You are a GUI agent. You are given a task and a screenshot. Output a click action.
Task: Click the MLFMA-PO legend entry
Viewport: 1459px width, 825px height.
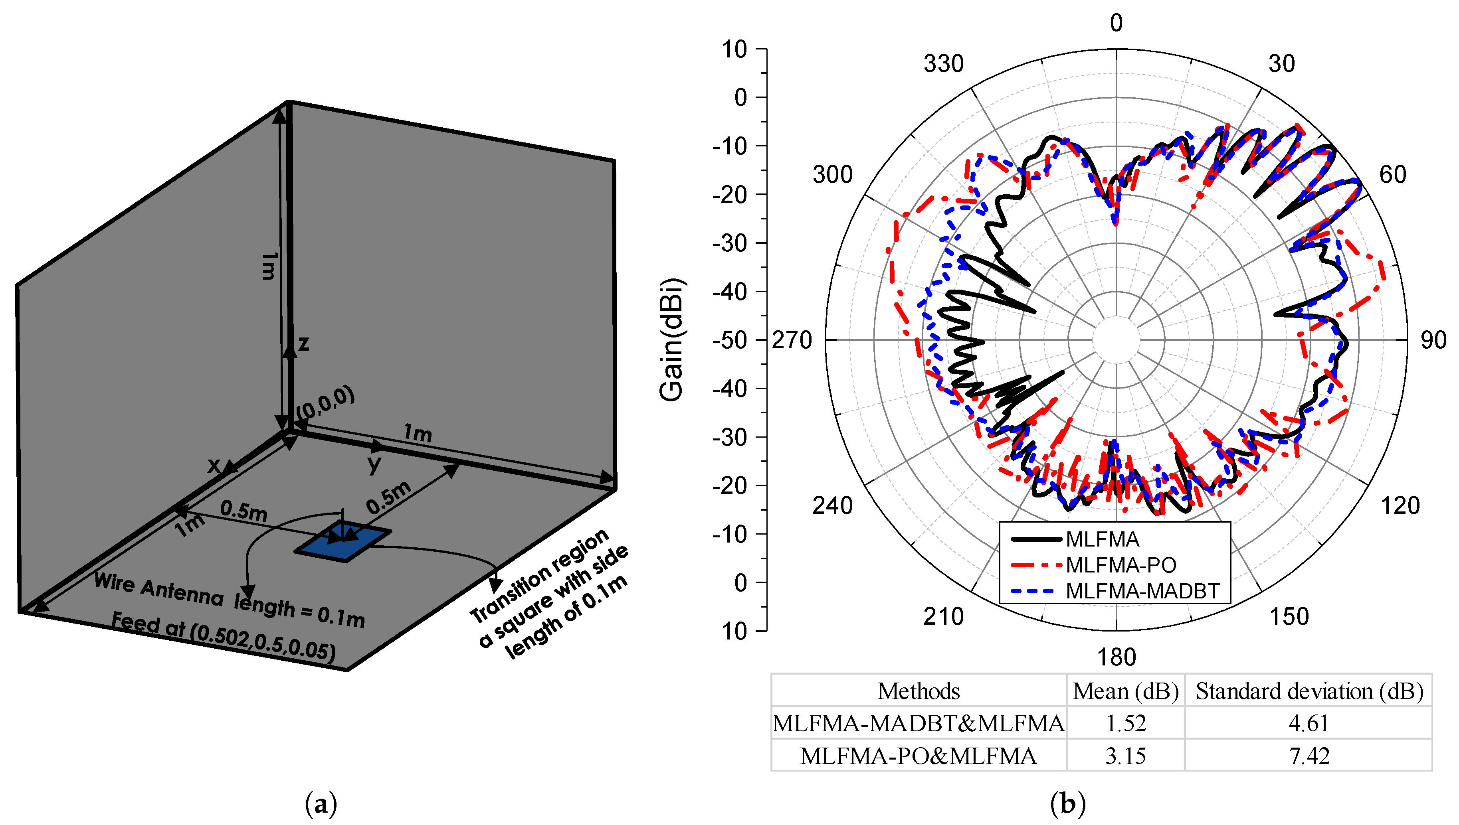[1120, 565]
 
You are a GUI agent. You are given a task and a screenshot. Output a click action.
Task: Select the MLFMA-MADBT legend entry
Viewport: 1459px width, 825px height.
[1142, 591]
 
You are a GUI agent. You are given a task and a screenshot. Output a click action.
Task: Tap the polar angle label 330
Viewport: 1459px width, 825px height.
[943, 64]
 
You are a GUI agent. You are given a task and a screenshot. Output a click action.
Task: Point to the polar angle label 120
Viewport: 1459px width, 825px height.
[1400, 505]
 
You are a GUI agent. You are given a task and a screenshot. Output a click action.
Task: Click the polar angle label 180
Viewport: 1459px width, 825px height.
[1116, 657]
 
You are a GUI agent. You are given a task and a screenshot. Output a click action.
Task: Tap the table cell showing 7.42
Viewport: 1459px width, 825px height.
[1309, 756]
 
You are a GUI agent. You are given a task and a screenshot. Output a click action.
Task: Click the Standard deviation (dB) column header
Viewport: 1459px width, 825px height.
[1309, 691]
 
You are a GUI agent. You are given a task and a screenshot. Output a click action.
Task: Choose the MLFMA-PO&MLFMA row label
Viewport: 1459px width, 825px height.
[918, 756]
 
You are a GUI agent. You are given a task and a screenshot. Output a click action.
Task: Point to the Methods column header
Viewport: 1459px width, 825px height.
[918, 691]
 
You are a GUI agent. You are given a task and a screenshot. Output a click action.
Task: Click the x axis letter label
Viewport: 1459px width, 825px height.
[214, 465]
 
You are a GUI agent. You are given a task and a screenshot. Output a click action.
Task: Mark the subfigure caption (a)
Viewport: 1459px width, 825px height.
[321, 804]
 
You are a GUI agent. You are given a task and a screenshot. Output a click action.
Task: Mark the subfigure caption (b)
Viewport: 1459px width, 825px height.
[1068, 804]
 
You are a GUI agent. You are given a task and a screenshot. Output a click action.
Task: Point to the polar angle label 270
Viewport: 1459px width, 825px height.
[792, 341]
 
